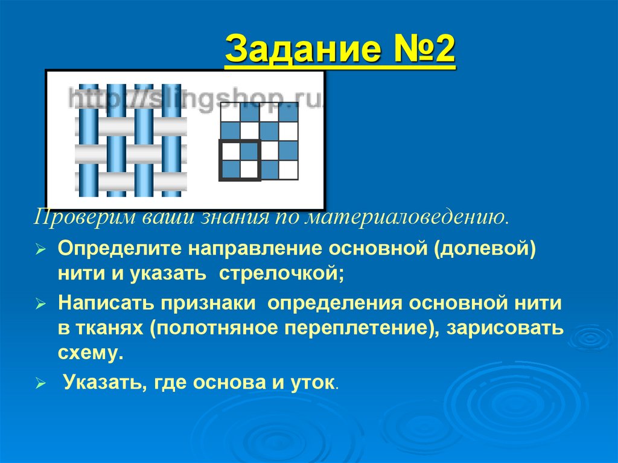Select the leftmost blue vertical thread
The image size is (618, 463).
88,140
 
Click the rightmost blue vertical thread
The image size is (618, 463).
171,140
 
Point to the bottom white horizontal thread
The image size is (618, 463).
130,181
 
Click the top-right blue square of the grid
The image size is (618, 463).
288,112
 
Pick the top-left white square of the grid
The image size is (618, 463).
230,112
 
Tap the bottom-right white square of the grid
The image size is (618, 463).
288,170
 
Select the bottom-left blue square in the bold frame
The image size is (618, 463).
230,170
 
